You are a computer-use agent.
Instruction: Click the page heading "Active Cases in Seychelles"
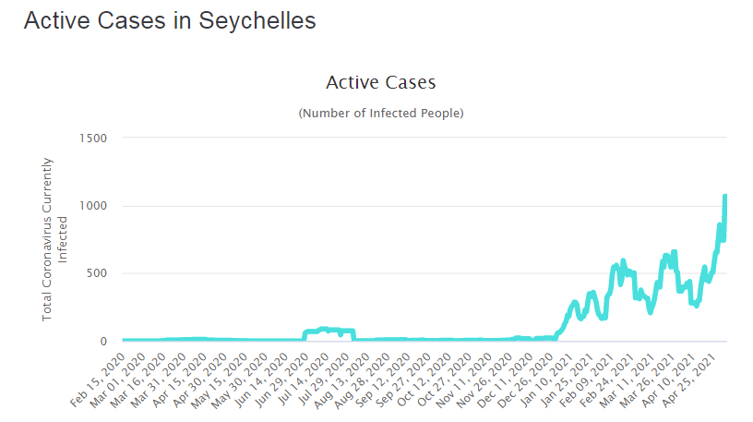(170, 21)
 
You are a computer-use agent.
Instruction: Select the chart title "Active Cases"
(380, 83)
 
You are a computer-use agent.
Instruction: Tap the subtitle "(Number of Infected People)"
(380, 113)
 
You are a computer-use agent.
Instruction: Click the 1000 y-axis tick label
(96, 206)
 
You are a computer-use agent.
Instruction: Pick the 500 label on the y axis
(100, 273)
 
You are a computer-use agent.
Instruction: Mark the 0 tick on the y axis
(104, 341)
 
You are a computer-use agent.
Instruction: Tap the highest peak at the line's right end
(725, 196)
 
